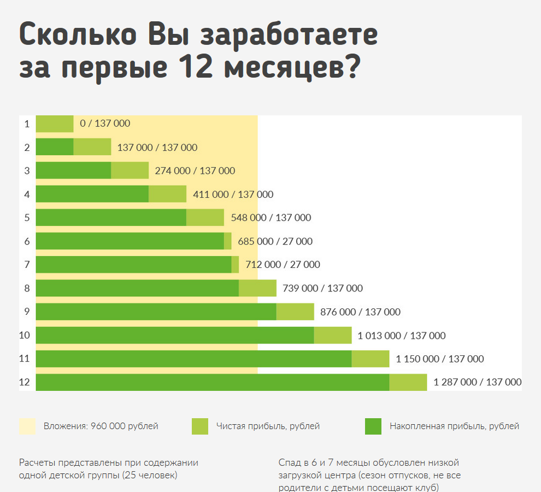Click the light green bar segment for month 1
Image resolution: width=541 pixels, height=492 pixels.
click(55, 124)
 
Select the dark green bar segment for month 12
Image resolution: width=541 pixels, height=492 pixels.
click(212, 382)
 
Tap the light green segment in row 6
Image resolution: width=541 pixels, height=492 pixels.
click(228, 241)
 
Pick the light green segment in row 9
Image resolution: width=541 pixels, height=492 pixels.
click(295, 312)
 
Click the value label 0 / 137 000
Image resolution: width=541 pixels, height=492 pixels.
click(105, 124)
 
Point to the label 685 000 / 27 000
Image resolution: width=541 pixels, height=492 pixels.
click(275, 241)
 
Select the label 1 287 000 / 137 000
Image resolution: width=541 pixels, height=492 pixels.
click(477, 382)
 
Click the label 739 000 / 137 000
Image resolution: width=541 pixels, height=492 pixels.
click(322, 288)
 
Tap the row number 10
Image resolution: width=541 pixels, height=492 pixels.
click(25, 335)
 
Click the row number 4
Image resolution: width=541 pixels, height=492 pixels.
click(26, 194)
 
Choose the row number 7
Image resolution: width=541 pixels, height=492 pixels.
click(26, 265)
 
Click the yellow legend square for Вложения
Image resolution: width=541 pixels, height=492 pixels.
click(27, 426)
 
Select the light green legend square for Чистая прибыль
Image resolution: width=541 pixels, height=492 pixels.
click(200, 426)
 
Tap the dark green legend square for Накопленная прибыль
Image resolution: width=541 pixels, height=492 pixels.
click(373, 426)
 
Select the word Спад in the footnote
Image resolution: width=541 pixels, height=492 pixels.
click(289, 462)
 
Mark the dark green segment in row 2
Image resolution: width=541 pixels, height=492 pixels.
click(55, 147)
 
